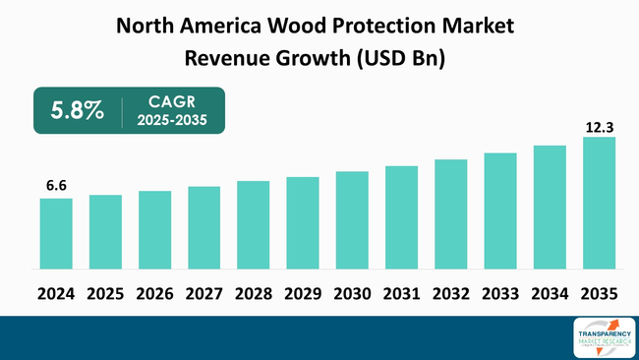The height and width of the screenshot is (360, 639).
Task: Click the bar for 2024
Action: point(56,233)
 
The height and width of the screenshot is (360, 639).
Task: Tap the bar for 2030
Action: point(352,220)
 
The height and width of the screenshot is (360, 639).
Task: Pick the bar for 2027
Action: point(203,227)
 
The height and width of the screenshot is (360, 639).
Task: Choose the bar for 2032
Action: point(450,214)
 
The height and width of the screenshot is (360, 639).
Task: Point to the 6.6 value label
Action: point(56,185)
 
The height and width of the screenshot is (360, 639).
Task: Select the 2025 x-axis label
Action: point(105,293)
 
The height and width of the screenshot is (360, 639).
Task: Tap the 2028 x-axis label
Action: point(253,293)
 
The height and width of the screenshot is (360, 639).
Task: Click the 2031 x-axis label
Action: point(401,293)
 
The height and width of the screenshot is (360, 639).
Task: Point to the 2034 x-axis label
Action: point(550,293)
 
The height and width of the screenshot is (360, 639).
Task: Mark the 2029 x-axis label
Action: point(303,293)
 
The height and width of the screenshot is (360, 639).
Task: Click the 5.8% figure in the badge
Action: point(80,111)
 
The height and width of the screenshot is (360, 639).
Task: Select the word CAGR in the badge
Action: point(171,100)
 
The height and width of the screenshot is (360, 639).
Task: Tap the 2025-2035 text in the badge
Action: point(172,121)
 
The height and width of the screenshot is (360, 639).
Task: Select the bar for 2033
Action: point(499,210)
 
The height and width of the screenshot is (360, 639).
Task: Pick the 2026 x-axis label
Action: point(154,293)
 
